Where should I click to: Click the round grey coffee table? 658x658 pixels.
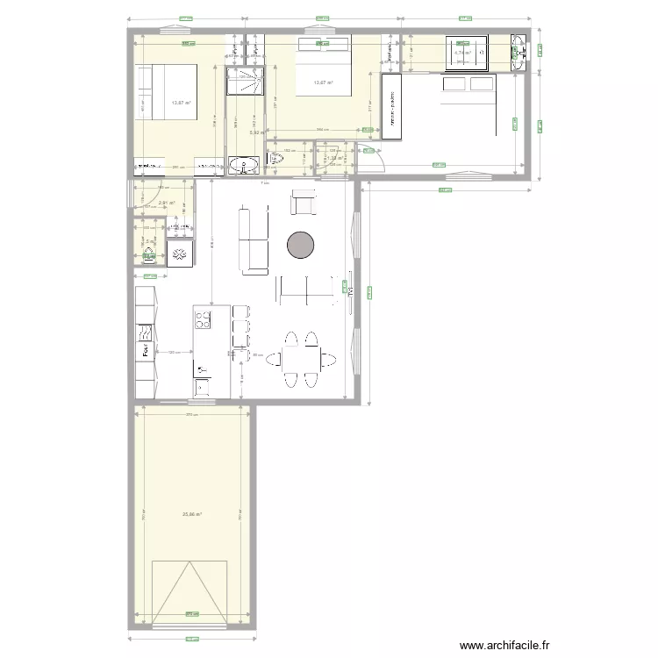(300, 245)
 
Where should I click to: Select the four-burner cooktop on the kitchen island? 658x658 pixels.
(203, 318)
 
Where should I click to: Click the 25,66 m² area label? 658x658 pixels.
(192, 514)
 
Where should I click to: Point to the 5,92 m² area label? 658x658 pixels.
(255, 133)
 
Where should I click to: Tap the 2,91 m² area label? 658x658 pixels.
(167, 204)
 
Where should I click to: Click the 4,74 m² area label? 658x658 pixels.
(462, 53)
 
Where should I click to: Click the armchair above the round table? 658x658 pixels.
(304, 203)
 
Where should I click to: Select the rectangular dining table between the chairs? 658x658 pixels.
(301, 358)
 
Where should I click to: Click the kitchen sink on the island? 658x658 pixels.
(204, 386)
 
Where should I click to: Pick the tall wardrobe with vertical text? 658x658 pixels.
(390, 106)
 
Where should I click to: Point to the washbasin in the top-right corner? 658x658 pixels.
(519, 53)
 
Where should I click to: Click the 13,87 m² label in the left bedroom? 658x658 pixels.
(182, 103)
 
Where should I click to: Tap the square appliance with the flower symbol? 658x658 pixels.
(180, 254)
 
